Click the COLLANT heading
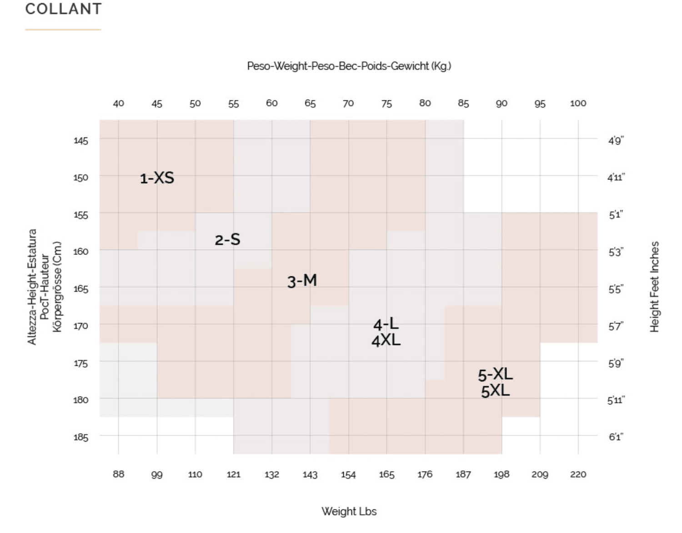pyautogui.click(x=63, y=9)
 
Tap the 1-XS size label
pyautogui.click(x=157, y=178)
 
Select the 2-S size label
pyautogui.click(x=227, y=239)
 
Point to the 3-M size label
pyautogui.click(x=302, y=281)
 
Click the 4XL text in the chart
pyautogui.click(x=386, y=340)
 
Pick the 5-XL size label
pyautogui.click(x=495, y=374)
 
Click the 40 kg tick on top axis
pyautogui.click(x=118, y=104)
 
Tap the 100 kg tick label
pyautogui.click(x=578, y=104)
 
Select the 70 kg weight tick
pyautogui.click(x=348, y=104)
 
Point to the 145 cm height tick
pyautogui.click(x=81, y=140)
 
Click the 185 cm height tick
pyautogui.click(x=81, y=437)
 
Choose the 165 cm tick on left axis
pyautogui.click(x=81, y=289)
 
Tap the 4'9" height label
pyautogui.click(x=616, y=140)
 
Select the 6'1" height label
pyautogui.click(x=616, y=437)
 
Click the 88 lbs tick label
pyautogui.click(x=118, y=474)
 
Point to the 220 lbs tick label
pyautogui.click(x=578, y=474)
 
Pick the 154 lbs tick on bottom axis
pyautogui.click(x=348, y=474)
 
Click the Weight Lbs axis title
pyautogui.click(x=349, y=511)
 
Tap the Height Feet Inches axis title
pyautogui.click(x=654, y=287)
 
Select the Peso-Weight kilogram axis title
pyautogui.click(x=349, y=66)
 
